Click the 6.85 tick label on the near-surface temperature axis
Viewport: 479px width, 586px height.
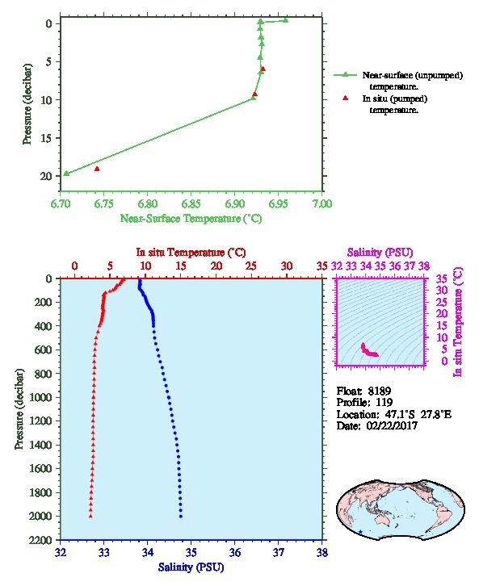[191, 203]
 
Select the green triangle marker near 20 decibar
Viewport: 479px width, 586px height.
[66, 173]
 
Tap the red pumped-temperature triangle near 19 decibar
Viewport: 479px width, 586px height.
[97, 169]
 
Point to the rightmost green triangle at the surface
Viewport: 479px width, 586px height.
[286, 20]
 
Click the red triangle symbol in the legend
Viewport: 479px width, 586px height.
[346, 98]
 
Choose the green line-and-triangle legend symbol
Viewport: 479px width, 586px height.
[346, 75]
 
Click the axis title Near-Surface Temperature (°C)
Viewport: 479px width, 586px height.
[191, 219]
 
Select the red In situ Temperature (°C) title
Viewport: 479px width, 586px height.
[191, 253]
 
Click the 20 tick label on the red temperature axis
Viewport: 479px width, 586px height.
[216, 266]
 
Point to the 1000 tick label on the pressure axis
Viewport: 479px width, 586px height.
[42, 397]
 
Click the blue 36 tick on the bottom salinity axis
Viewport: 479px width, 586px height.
[235, 553]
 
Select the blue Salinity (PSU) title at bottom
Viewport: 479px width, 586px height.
[191, 567]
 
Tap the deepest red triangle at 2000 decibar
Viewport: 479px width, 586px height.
[90, 516]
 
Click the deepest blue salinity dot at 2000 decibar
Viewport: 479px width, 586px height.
[181, 517]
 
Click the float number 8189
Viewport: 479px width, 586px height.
[379, 391]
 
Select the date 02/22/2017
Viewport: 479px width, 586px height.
[392, 426]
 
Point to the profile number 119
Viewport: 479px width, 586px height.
[384, 403]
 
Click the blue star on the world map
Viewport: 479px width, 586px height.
[360, 532]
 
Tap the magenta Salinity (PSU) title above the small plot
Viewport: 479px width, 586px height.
[380, 253]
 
